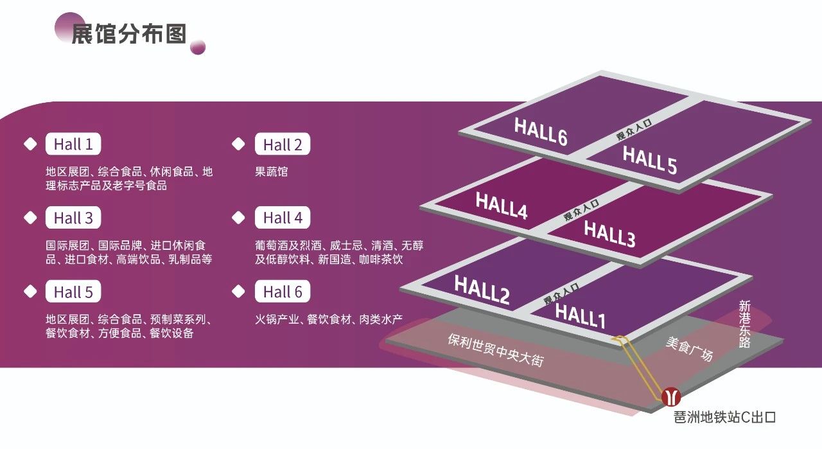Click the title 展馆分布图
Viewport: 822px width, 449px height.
pyautogui.click(x=128, y=34)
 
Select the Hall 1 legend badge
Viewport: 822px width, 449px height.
pyautogui.click(x=73, y=145)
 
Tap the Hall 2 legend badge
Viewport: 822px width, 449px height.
pyautogui.click(x=283, y=145)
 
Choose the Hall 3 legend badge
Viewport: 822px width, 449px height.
pyautogui.click(x=73, y=218)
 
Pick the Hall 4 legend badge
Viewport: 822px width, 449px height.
pyautogui.click(x=283, y=218)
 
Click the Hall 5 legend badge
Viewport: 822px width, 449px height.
pyautogui.click(x=73, y=292)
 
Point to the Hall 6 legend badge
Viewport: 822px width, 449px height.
pyautogui.click(x=283, y=292)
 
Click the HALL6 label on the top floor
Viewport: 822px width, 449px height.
pyautogui.click(x=541, y=132)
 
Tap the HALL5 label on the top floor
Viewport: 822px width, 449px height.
pyautogui.click(x=649, y=160)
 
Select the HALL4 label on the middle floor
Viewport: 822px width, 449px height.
pyautogui.click(x=502, y=206)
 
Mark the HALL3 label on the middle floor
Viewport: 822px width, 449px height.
pyautogui.click(x=609, y=234)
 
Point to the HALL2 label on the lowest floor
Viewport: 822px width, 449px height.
pyautogui.click(x=482, y=289)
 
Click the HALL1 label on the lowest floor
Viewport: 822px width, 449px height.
pyautogui.click(x=580, y=315)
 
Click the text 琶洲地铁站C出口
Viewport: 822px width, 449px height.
pyautogui.click(x=724, y=418)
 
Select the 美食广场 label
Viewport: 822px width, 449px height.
pyautogui.click(x=688, y=349)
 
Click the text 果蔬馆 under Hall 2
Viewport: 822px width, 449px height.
pyautogui.click(x=272, y=172)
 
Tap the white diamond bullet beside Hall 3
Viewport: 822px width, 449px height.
pyautogui.click(x=30, y=218)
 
